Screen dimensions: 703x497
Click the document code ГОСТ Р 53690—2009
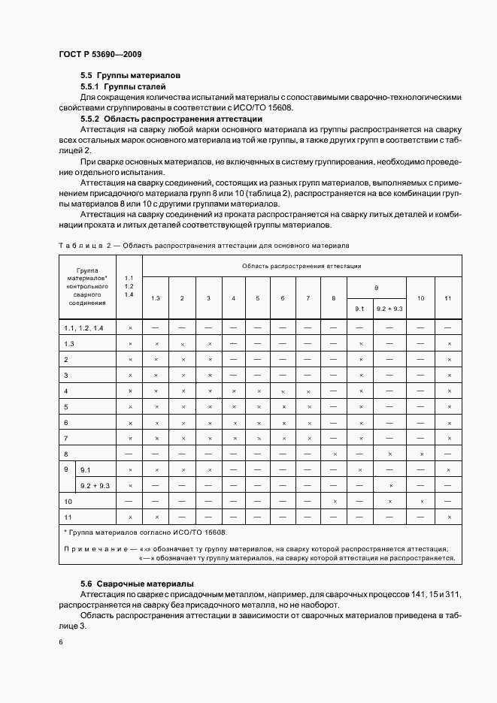(99, 54)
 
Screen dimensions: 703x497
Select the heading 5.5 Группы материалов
(130, 76)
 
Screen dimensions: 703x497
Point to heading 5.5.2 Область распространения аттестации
(171, 119)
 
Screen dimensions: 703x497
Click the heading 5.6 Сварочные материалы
(137, 584)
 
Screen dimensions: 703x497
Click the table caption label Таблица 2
(85, 246)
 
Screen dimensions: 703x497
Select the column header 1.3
(156, 298)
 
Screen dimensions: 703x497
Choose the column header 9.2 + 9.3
(390, 308)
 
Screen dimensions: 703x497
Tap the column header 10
(421, 298)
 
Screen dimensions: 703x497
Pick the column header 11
(448, 298)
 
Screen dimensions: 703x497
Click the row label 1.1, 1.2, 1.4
(84, 328)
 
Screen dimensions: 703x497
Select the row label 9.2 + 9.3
(95, 486)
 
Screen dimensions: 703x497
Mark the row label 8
(66, 454)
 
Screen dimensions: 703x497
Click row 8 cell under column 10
(421, 454)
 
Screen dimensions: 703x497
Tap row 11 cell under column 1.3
(156, 517)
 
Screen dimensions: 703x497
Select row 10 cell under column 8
(334, 501)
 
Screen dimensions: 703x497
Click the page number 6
(61, 643)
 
